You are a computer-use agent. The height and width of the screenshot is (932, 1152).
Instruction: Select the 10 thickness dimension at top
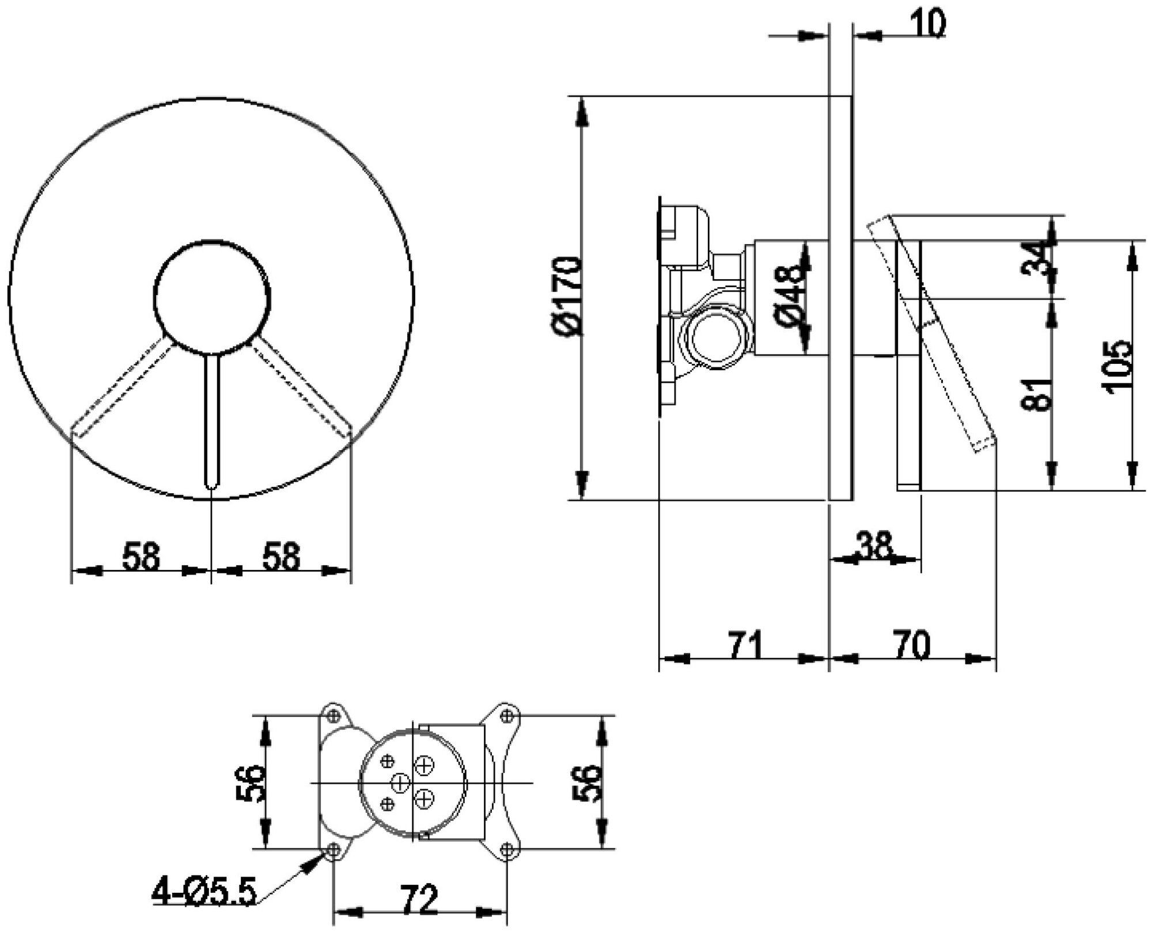927,24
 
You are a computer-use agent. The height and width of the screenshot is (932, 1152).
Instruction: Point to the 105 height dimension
1118,367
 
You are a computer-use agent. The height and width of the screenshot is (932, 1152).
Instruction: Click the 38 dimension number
873,545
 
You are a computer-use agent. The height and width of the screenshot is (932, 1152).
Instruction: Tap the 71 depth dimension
745,644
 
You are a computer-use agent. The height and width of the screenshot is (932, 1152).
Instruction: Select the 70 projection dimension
911,644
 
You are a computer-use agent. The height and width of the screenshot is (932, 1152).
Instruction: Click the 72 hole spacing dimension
419,900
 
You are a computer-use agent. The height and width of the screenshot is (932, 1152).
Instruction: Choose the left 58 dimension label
141,557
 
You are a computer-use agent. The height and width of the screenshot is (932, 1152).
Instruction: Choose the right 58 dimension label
281,557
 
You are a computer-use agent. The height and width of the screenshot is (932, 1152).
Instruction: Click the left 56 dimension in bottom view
249,783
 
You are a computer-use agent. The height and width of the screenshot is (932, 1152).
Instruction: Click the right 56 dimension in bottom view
586,783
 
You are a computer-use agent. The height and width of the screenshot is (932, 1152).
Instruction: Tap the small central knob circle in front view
211,297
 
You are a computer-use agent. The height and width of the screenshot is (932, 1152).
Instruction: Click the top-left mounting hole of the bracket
333,716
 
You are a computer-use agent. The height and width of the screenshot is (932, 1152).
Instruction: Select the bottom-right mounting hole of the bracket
507,849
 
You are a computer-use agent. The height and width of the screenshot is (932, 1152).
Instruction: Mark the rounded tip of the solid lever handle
211,482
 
